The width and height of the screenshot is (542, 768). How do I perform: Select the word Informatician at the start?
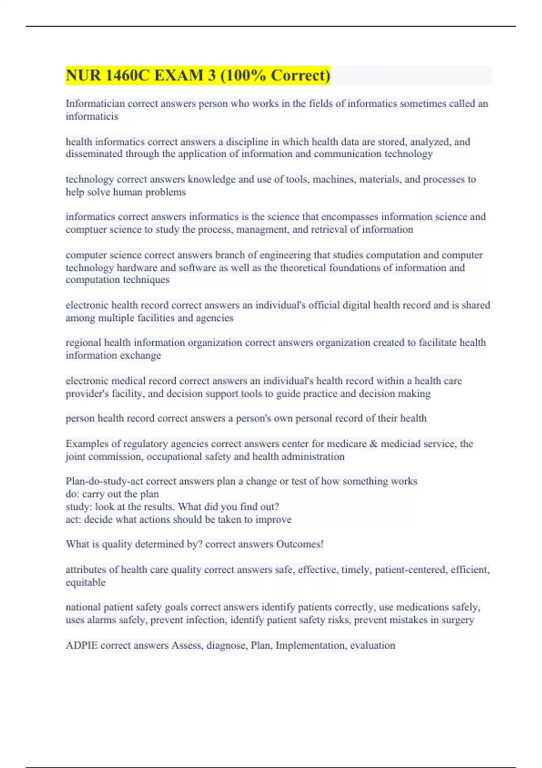click(95, 104)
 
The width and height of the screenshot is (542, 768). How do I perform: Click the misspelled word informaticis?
click(92, 117)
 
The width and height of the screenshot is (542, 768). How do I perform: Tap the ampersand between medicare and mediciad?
click(374, 444)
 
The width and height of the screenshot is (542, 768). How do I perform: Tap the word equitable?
click(85, 582)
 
